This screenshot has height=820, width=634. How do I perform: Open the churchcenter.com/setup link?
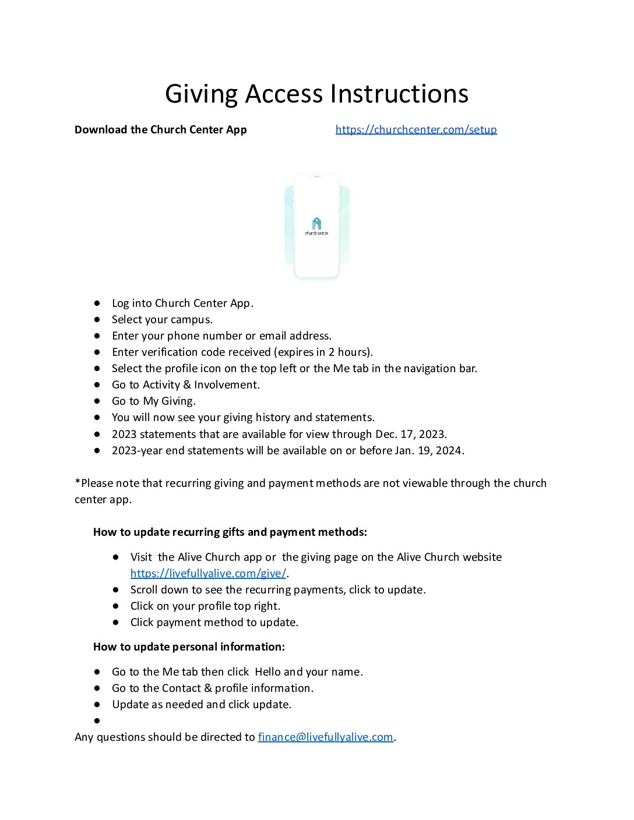point(416,129)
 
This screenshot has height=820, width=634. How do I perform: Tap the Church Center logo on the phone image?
point(316,224)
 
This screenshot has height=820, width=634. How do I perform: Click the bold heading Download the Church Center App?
point(160,129)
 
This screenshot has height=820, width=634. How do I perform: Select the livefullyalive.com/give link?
point(208,573)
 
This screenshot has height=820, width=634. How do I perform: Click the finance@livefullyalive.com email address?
point(325,737)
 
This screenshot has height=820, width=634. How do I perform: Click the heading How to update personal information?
point(189,646)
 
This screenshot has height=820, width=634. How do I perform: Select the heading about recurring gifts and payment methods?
point(230,532)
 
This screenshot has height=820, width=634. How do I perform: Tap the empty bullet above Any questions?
point(97,721)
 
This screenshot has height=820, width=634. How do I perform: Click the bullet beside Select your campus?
point(97,320)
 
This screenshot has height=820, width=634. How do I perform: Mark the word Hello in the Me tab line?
point(267,671)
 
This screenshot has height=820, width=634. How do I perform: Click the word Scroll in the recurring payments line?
point(144,589)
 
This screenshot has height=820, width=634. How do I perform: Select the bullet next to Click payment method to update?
point(116,623)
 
